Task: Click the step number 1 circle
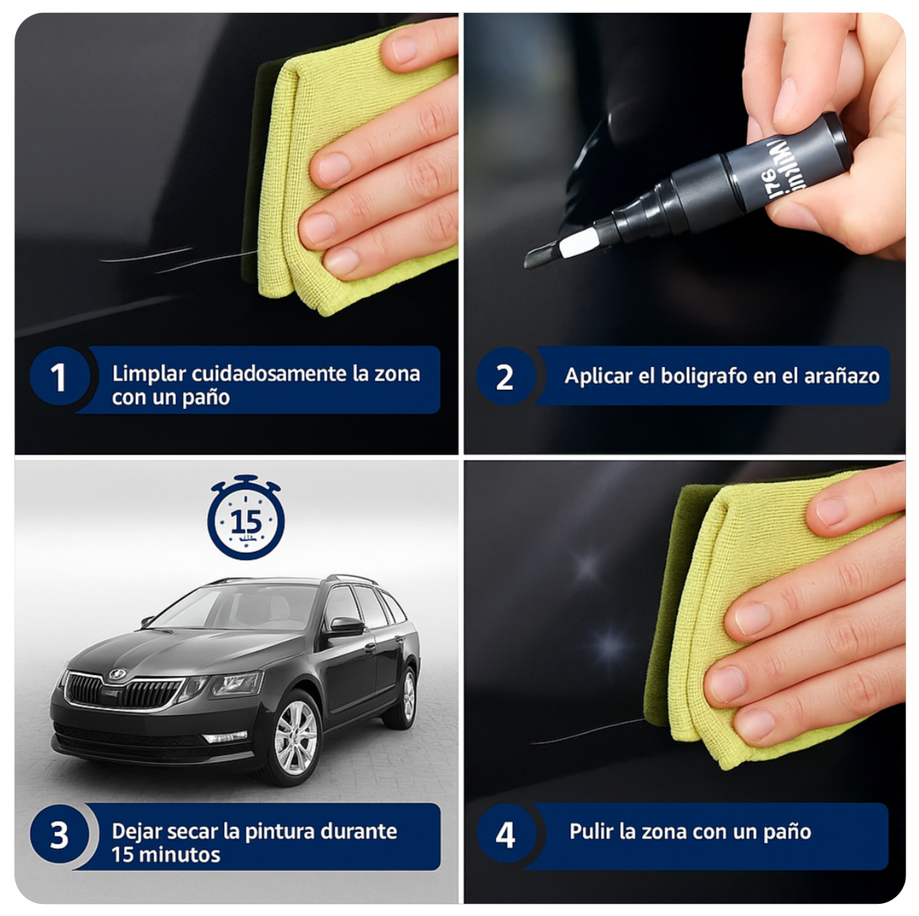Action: [x=59, y=378]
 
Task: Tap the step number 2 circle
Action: [x=505, y=376]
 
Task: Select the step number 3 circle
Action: [x=59, y=835]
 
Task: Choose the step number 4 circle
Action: [x=505, y=835]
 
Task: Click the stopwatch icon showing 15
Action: [x=246, y=520]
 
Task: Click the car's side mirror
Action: [x=346, y=626]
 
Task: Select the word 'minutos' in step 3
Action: [x=184, y=855]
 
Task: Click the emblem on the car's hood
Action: [x=117, y=674]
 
